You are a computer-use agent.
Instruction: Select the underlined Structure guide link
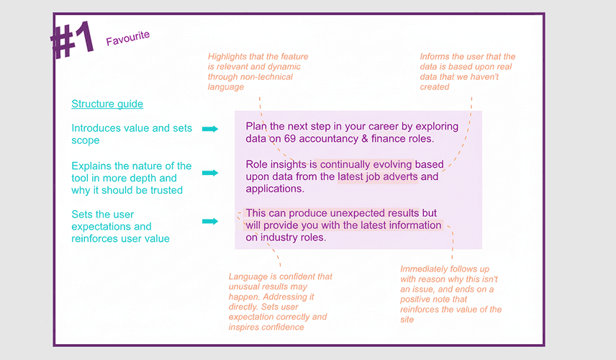[107, 104]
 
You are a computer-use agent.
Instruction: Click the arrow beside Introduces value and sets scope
[210, 129]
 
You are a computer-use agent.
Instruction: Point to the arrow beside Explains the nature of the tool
[210, 173]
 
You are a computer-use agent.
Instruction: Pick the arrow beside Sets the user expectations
[210, 222]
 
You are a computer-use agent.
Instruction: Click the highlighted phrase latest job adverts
[378, 176]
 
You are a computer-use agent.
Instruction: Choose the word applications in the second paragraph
[276, 189]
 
